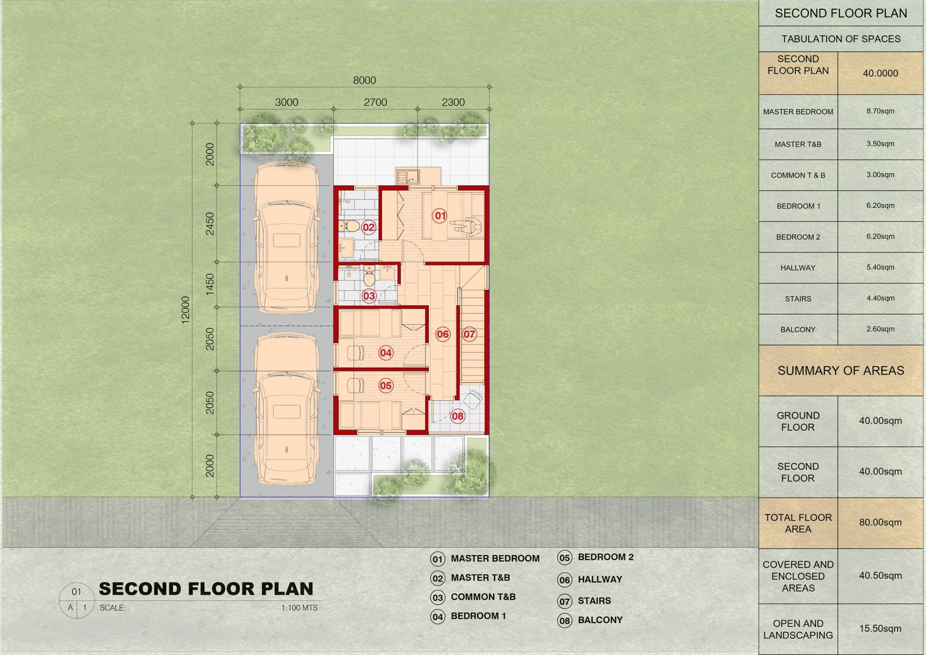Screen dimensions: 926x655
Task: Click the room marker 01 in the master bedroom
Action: coord(439,215)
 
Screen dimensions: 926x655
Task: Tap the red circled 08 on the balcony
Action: coord(457,415)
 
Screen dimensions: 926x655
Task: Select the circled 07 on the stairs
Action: coord(469,334)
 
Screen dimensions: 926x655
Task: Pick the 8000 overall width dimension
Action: coord(364,80)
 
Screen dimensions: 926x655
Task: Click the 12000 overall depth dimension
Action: coord(185,310)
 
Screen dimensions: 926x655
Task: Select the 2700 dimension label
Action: coord(375,102)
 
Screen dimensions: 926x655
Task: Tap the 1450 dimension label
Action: coord(210,284)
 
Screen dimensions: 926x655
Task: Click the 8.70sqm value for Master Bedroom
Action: coord(880,111)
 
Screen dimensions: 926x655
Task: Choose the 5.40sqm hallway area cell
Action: coord(880,267)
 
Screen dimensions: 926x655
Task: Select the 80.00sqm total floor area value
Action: coord(880,522)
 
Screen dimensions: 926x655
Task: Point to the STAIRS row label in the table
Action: coord(798,299)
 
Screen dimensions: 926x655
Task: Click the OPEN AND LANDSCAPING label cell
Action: coord(798,629)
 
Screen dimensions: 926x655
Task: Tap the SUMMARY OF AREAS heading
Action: coord(841,371)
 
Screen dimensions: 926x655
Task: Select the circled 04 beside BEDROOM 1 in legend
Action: coord(438,617)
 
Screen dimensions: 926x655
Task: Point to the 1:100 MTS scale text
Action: coord(299,608)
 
